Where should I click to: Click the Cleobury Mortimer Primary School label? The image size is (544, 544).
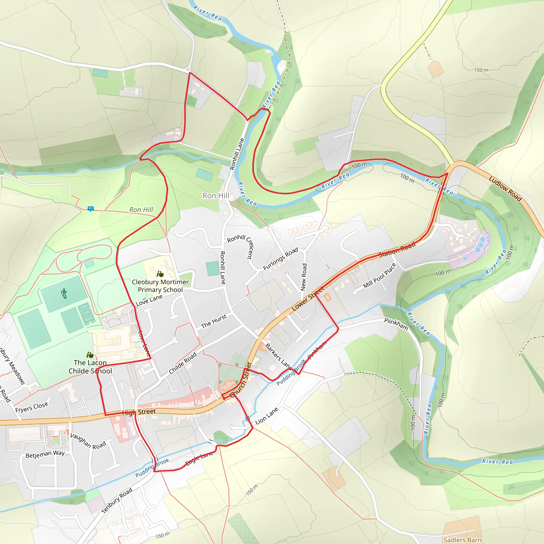click(x=160, y=286)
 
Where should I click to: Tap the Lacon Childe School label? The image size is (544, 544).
click(x=90, y=367)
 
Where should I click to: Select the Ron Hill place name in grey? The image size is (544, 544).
click(x=216, y=196)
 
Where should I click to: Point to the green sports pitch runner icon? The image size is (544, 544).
click(x=64, y=294)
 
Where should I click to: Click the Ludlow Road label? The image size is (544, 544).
click(x=505, y=189)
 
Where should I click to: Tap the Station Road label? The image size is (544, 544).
click(x=397, y=249)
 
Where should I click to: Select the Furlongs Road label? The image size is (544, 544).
click(x=280, y=259)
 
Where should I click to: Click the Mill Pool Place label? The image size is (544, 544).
click(x=380, y=275)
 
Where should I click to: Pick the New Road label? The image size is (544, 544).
click(x=304, y=277)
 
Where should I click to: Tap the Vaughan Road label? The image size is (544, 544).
click(x=88, y=441)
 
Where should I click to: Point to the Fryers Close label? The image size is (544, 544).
click(x=32, y=407)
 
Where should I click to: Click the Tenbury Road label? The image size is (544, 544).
click(x=117, y=500)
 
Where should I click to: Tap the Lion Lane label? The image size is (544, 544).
click(x=266, y=416)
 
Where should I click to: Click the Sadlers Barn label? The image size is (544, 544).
click(x=462, y=540)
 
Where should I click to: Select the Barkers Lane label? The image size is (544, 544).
click(x=278, y=356)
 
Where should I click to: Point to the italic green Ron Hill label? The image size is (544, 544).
click(x=141, y=210)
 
